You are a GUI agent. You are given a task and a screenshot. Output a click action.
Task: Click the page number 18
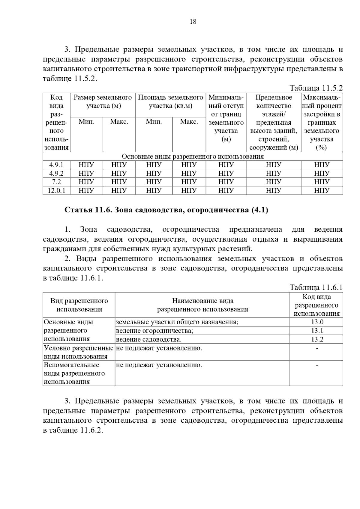pos(193,22)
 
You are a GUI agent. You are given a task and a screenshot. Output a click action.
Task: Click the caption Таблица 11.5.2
pos(316,88)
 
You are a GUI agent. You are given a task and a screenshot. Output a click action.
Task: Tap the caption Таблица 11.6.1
pos(316,287)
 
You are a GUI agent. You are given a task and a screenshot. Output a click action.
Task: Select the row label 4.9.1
pos(56,165)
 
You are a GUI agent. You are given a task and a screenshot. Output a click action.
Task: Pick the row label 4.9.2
pos(56,174)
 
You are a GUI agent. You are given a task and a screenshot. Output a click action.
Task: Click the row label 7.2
pos(56,182)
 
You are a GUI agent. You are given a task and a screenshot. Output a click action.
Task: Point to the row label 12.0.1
pos(56,191)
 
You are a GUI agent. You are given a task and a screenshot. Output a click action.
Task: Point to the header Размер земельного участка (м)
pos(103,102)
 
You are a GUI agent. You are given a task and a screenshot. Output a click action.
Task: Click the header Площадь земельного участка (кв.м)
pos(170,102)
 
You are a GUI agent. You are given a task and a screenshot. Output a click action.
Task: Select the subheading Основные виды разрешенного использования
pos(193,156)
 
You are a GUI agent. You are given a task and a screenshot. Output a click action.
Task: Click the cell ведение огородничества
pos(154,331)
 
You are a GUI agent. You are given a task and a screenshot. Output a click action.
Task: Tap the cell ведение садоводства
pos(148,339)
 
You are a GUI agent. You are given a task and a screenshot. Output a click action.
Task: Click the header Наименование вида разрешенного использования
pos(202,305)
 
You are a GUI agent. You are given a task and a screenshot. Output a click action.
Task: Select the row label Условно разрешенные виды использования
pos(79,352)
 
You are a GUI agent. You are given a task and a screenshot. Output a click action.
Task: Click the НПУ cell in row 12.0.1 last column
pos(322,191)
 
